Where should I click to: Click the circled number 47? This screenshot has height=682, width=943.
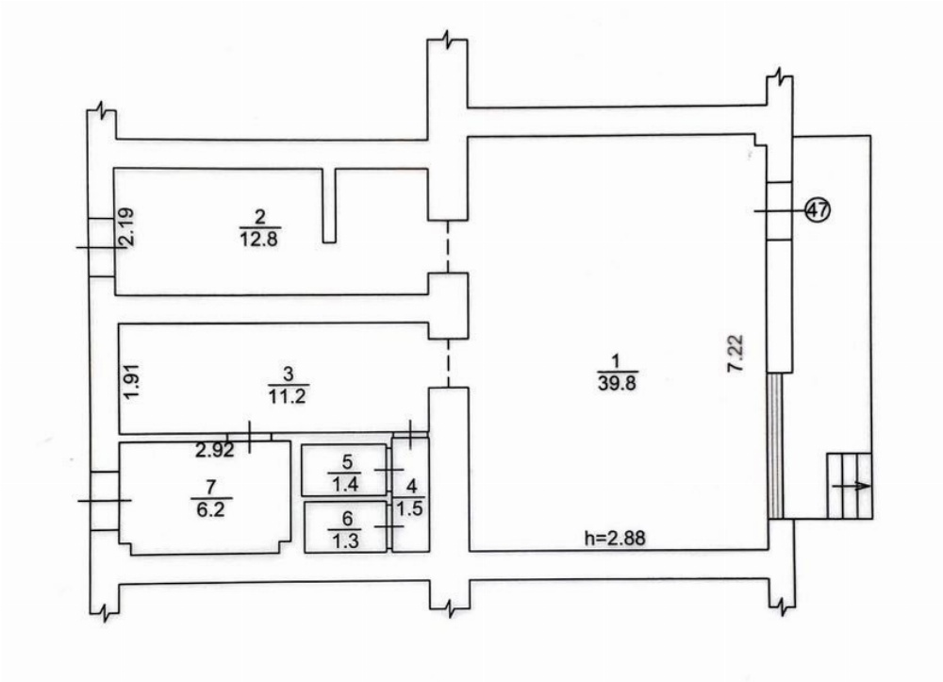coord(818,210)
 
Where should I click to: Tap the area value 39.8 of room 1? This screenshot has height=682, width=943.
coord(617,383)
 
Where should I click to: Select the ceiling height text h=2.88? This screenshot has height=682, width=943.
coord(615,537)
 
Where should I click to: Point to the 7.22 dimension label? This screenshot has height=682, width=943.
coord(736,354)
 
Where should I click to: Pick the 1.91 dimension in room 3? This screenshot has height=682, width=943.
coord(132,382)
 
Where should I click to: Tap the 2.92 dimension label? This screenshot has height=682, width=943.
coord(215,449)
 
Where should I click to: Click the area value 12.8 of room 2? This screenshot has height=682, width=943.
coord(260,240)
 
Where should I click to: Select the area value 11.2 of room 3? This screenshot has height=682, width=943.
coord(288,396)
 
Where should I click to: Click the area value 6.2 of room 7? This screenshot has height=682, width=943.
coord(211,509)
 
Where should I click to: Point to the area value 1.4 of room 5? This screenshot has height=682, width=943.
coord(346,484)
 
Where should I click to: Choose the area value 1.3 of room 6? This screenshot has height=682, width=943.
coord(346,541)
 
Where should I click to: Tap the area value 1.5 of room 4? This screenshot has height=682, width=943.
coord(411,508)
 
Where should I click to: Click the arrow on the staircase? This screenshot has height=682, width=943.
coord(850,486)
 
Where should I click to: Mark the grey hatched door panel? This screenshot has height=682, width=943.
coord(776,445)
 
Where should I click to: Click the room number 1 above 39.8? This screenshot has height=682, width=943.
coord(615,361)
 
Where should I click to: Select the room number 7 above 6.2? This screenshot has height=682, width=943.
coord(211,487)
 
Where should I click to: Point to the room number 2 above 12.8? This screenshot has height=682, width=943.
coord(260,217)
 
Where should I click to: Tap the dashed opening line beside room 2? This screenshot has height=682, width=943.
coord(447,246)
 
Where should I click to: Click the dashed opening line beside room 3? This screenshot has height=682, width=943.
coord(448,363)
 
